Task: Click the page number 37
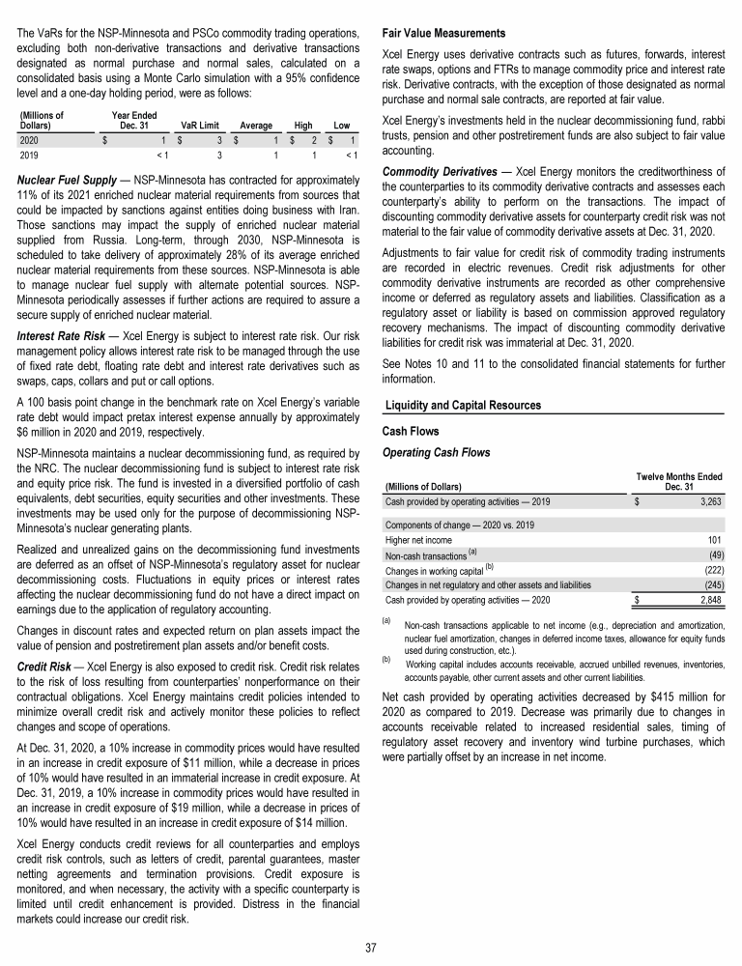[x=371, y=947]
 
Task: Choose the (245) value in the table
[x=712, y=584]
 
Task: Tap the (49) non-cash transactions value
[x=714, y=554]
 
